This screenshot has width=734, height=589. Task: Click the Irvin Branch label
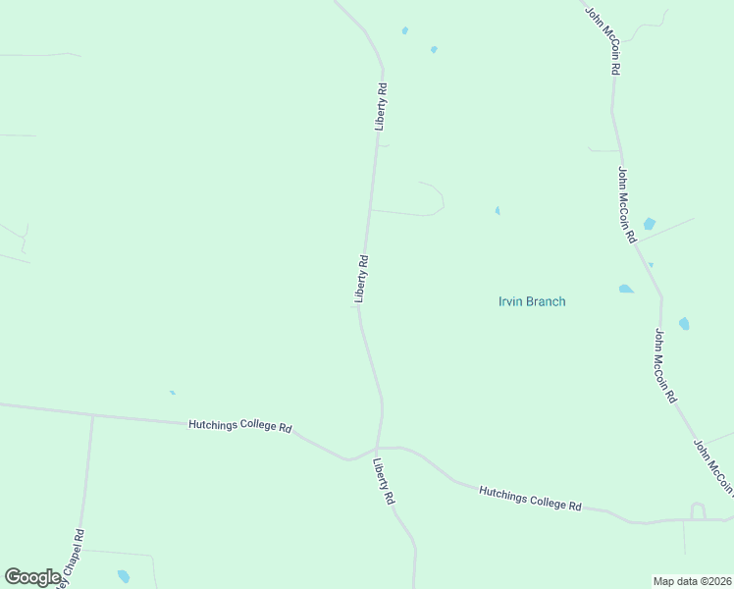click(x=532, y=301)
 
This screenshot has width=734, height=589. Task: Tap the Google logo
click(x=31, y=577)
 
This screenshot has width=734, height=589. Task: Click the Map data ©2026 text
click(x=693, y=581)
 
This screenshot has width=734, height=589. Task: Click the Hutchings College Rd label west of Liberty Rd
click(x=240, y=427)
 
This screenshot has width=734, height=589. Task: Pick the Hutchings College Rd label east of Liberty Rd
click(x=530, y=498)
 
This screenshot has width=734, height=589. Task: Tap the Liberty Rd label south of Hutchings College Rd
click(x=384, y=482)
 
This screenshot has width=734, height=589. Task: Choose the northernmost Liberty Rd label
click(x=381, y=107)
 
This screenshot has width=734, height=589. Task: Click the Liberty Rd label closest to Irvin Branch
click(x=361, y=278)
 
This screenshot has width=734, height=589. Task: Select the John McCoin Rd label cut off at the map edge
click(x=713, y=466)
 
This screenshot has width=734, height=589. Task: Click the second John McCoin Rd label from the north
click(x=627, y=204)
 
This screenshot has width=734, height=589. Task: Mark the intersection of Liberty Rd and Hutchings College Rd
click(x=378, y=448)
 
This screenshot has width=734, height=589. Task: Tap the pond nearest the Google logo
click(x=124, y=576)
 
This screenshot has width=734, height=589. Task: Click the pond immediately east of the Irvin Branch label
click(x=626, y=289)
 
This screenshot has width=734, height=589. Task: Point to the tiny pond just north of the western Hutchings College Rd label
click(x=173, y=393)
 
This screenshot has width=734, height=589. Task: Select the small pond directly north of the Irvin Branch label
click(x=498, y=210)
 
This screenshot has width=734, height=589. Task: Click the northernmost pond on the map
click(x=404, y=30)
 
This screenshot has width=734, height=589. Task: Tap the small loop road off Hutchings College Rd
click(x=698, y=509)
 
